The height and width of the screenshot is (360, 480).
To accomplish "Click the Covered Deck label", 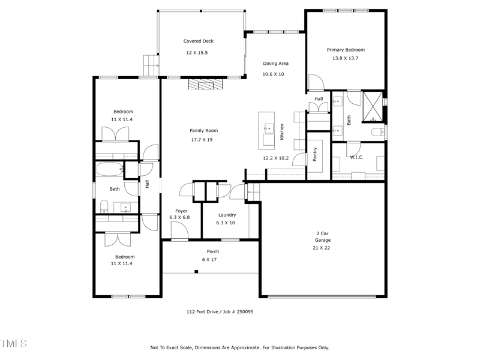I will [x=198, y=41].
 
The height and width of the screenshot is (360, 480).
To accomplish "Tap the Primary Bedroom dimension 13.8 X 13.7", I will [x=345, y=58].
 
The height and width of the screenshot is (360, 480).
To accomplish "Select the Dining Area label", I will [x=275, y=63].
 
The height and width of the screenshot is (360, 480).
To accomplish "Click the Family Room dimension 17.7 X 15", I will [x=202, y=139].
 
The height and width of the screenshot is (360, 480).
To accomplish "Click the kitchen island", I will [x=266, y=130].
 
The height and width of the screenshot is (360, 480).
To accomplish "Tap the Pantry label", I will [x=314, y=155].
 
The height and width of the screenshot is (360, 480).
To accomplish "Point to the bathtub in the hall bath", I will [x=109, y=169].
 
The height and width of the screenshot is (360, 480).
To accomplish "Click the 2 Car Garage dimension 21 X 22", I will [x=322, y=247].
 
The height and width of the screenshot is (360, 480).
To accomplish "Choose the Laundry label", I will [x=227, y=215].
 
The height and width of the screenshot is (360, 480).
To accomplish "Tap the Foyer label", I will [x=181, y=211].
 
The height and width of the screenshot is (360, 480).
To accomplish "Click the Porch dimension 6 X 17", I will [x=209, y=259].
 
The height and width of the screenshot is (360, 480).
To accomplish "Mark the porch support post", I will [x=196, y=272].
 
